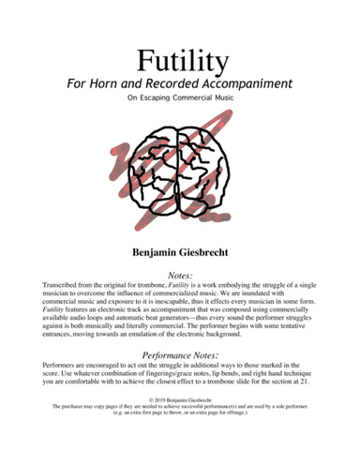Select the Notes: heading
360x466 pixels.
[180, 273]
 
